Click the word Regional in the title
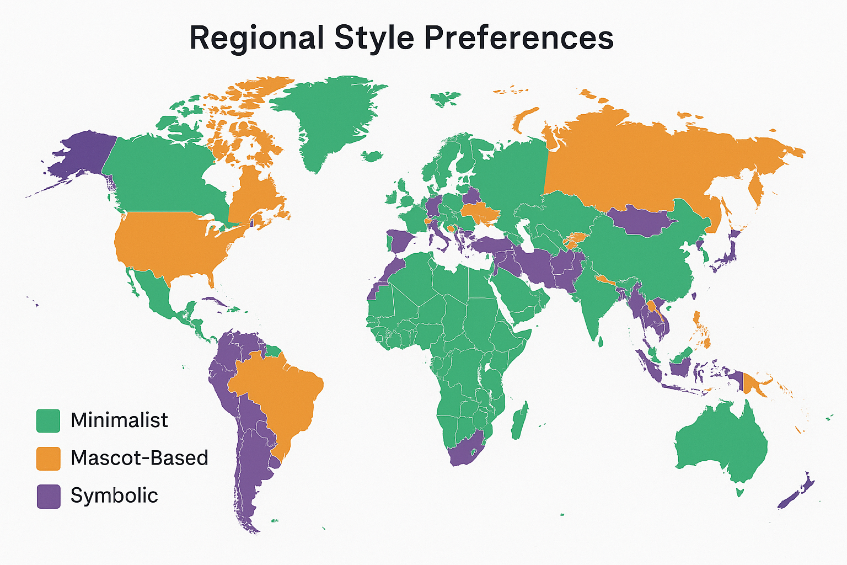pos(256,38)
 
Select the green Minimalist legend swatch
pos(48,421)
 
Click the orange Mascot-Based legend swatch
pos(48,459)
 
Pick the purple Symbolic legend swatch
pos(48,496)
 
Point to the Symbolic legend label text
pos(114,495)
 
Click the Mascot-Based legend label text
pos(140,458)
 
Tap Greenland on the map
pos(325,116)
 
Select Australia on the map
pos(722,441)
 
